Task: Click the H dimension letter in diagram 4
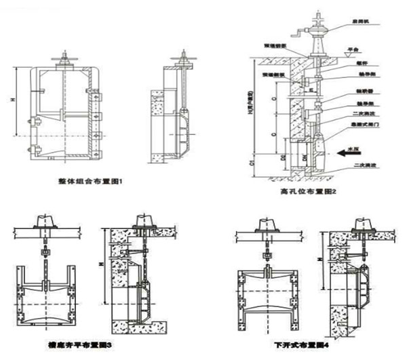(317, 261)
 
